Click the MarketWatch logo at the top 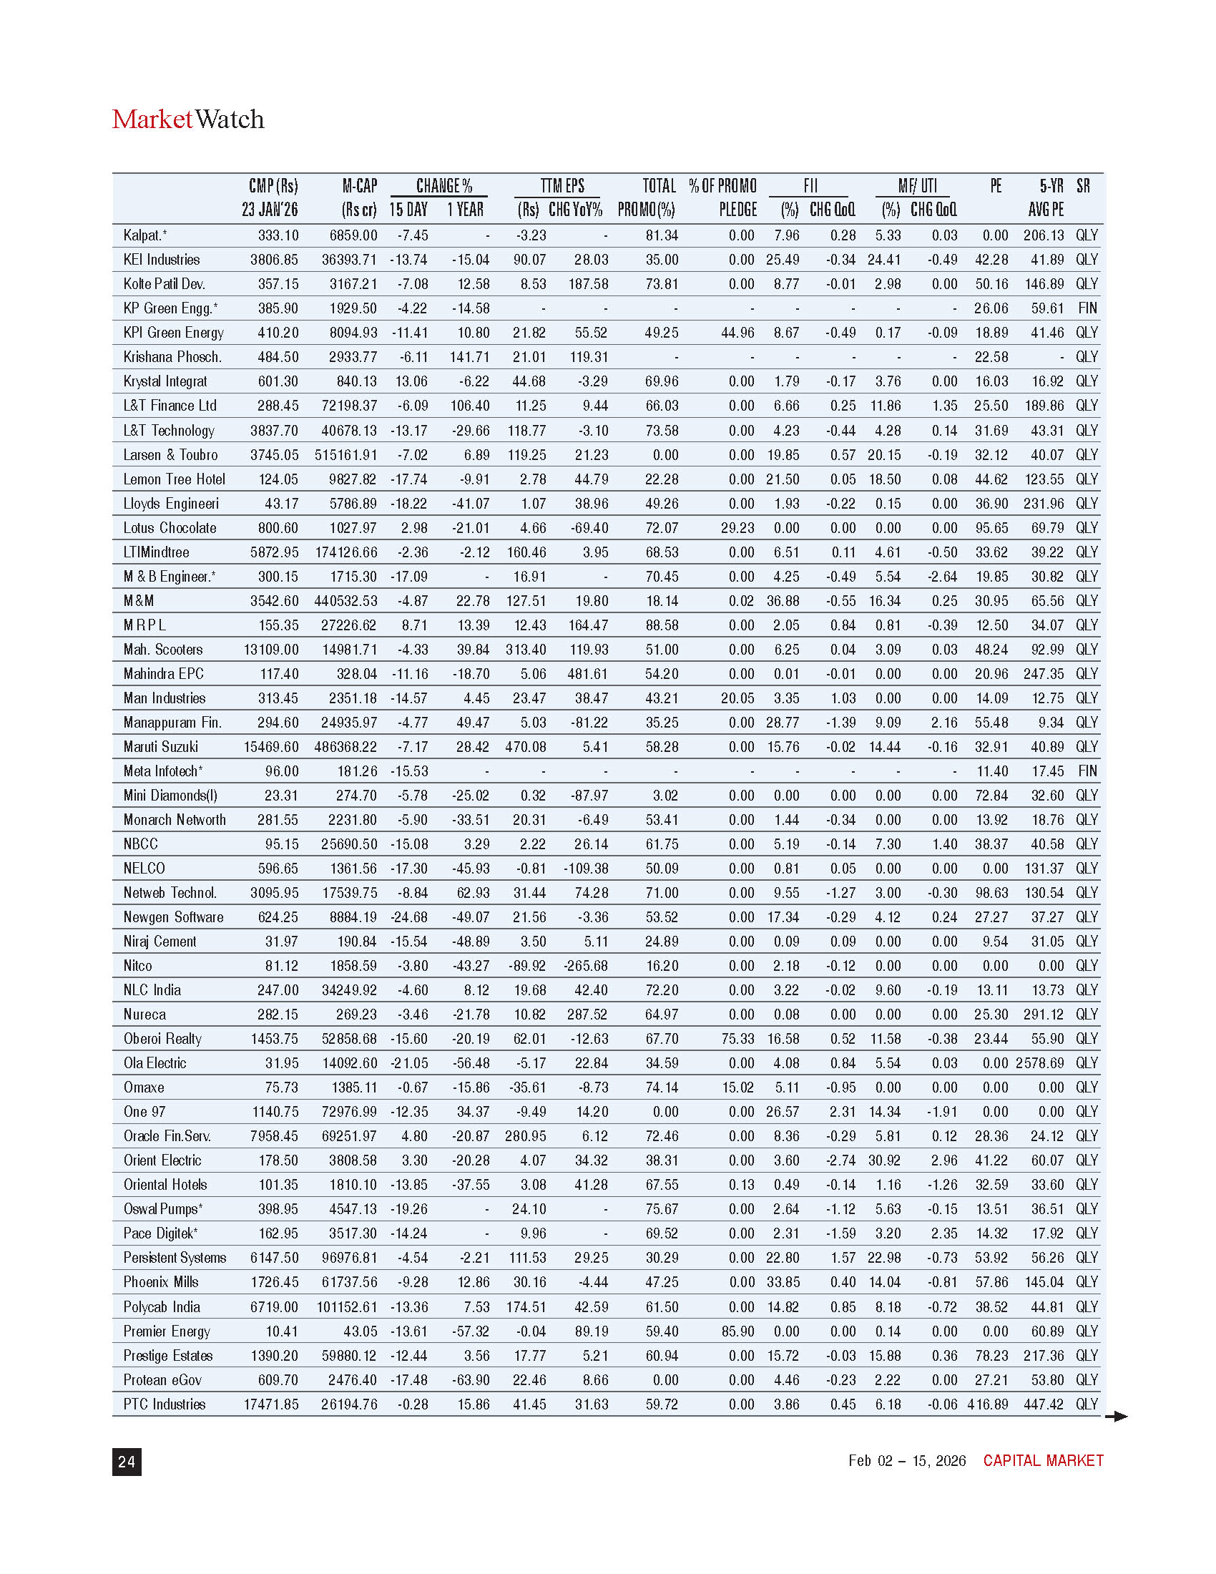pyautogui.click(x=188, y=119)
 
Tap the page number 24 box pyautogui.click(x=127, y=1461)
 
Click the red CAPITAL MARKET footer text pyautogui.click(x=1042, y=1460)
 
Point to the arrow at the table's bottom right pyautogui.click(x=1116, y=1416)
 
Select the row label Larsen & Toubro pyautogui.click(x=170, y=455)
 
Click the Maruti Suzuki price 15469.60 pyautogui.click(x=271, y=747)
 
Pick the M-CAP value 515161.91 pyautogui.click(x=345, y=455)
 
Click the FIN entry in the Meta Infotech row pyautogui.click(x=1087, y=771)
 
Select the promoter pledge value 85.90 pyautogui.click(x=737, y=1331)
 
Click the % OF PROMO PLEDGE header pyautogui.click(x=722, y=197)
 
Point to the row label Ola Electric pyautogui.click(x=155, y=1063)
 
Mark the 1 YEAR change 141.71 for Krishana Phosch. pyautogui.click(x=470, y=357)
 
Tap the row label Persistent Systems pyautogui.click(x=175, y=1258)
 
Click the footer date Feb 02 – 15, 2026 pyautogui.click(x=906, y=1460)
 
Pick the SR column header pyautogui.click(x=1083, y=186)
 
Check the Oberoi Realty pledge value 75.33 pyautogui.click(x=737, y=1039)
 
